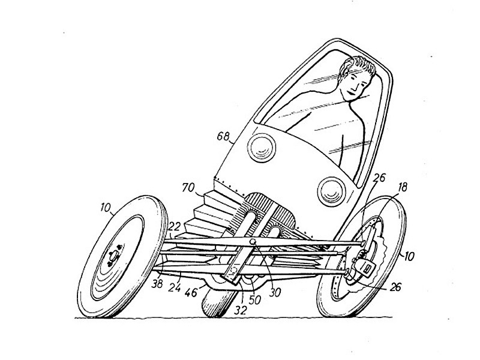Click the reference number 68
223,136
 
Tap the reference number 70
188,187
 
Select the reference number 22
174,227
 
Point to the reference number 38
157,284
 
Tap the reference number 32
241,310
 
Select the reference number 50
254,300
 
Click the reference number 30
275,293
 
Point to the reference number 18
403,187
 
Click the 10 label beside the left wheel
105,208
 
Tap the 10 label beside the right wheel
409,256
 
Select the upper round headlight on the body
261,148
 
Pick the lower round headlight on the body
332,191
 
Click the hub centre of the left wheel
113,255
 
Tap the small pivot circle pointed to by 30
253,242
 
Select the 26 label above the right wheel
380,178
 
